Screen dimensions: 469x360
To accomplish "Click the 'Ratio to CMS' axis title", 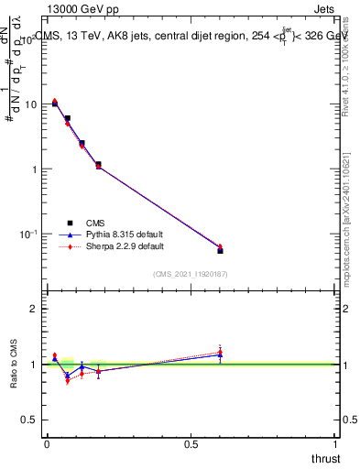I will (15, 365).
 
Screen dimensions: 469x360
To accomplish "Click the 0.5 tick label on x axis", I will (191, 443).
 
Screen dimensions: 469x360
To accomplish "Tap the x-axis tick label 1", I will (335, 443).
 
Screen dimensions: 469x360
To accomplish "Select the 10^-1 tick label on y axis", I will (27, 234).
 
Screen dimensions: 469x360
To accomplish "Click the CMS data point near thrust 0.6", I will (220, 250).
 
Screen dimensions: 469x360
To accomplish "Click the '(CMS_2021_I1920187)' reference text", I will (191, 274).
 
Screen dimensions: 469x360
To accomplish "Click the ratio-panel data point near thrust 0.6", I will (220, 354).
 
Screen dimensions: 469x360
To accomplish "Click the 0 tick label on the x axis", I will (47, 443).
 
